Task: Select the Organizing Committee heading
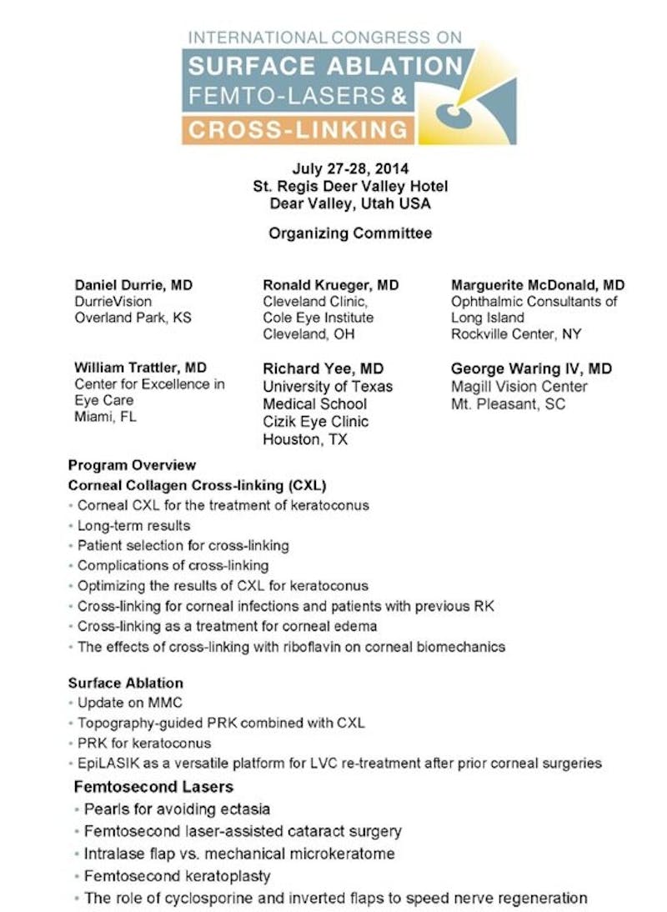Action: (350, 233)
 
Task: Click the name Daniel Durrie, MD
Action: (133, 285)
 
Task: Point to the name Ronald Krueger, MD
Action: (330, 285)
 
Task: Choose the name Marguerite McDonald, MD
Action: (538, 285)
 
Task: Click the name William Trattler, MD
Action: (141, 368)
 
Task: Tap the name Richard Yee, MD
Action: (323, 368)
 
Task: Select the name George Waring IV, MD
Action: (531, 368)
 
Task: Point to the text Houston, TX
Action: (305, 438)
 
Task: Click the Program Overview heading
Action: (133, 465)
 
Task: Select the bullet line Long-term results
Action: (133, 526)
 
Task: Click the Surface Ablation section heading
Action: (126, 682)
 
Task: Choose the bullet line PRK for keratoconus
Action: (144, 743)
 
